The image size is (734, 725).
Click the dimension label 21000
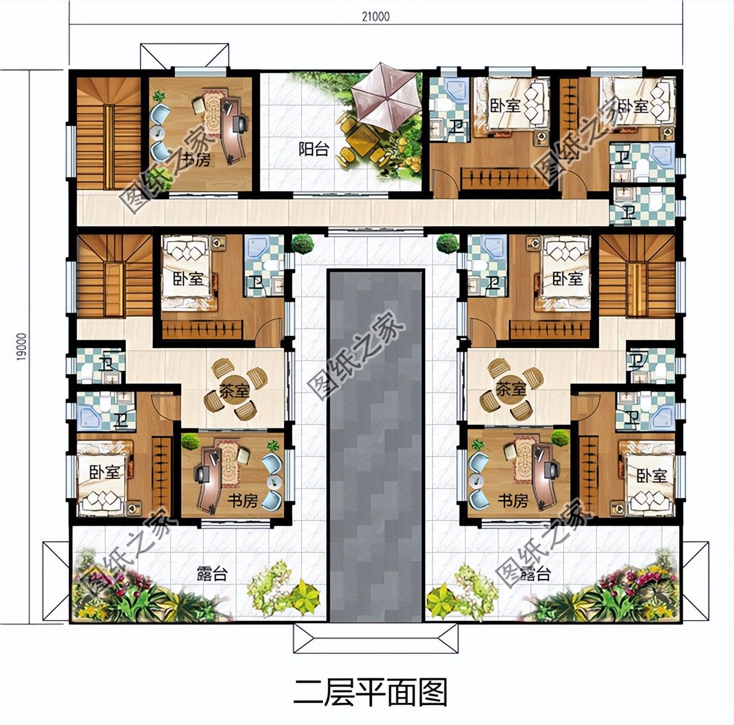click(x=375, y=17)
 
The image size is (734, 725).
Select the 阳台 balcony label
click(x=314, y=149)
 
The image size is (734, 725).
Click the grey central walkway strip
click(x=376, y=446)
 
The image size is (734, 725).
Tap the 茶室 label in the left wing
click(x=234, y=390)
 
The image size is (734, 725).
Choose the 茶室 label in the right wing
click(x=510, y=388)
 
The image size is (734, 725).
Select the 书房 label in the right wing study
click(x=513, y=500)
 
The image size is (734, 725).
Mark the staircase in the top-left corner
click(x=107, y=133)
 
